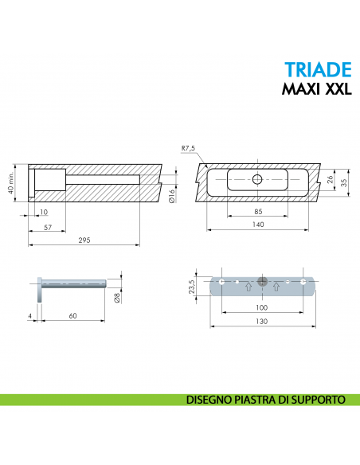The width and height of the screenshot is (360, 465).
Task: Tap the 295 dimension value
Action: point(84,240)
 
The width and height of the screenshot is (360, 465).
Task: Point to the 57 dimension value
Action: point(49,227)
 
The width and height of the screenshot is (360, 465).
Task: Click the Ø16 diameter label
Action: point(172,193)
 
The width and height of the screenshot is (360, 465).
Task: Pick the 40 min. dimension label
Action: point(10,184)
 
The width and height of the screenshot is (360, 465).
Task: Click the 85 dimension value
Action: point(257,212)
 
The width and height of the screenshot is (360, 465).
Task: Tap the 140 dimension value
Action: point(257,225)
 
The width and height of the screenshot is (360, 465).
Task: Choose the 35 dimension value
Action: point(344,182)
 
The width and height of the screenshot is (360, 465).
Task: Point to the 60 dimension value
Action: point(72,316)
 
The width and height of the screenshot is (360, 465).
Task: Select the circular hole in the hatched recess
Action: point(256,179)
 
